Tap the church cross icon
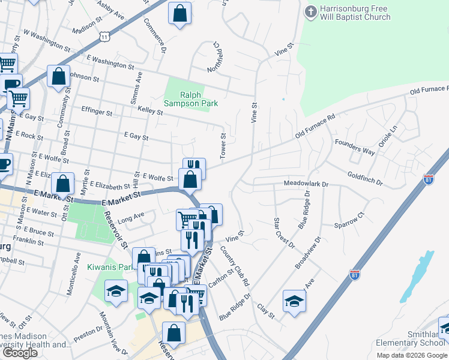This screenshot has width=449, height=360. pyautogui.click(x=310, y=11)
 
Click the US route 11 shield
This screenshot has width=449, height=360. pyautogui.click(x=106, y=37)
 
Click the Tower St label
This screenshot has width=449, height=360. pyautogui.click(x=223, y=146)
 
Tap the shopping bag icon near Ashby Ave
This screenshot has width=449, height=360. pyautogui.click(x=179, y=13)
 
